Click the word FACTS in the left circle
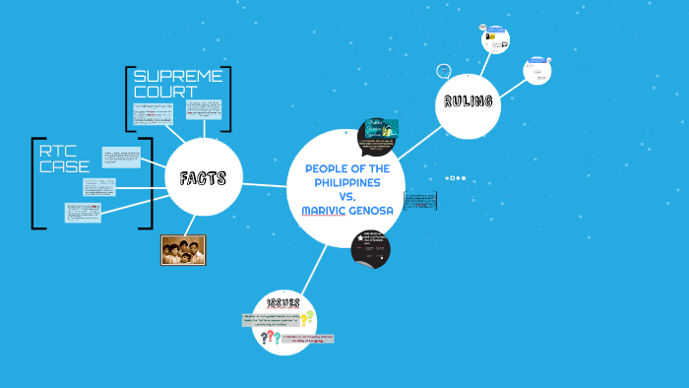point(203,178)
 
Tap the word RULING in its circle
point(468,102)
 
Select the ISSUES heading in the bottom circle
point(282,302)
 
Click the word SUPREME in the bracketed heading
point(178,76)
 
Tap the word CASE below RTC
point(64,166)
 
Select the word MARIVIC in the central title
point(327,210)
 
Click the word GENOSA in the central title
point(375,210)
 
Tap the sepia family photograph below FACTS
point(183,250)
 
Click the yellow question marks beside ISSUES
point(307,318)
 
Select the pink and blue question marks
point(268,338)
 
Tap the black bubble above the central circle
point(378,138)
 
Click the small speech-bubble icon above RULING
point(444,71)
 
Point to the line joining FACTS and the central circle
point(265,184)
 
